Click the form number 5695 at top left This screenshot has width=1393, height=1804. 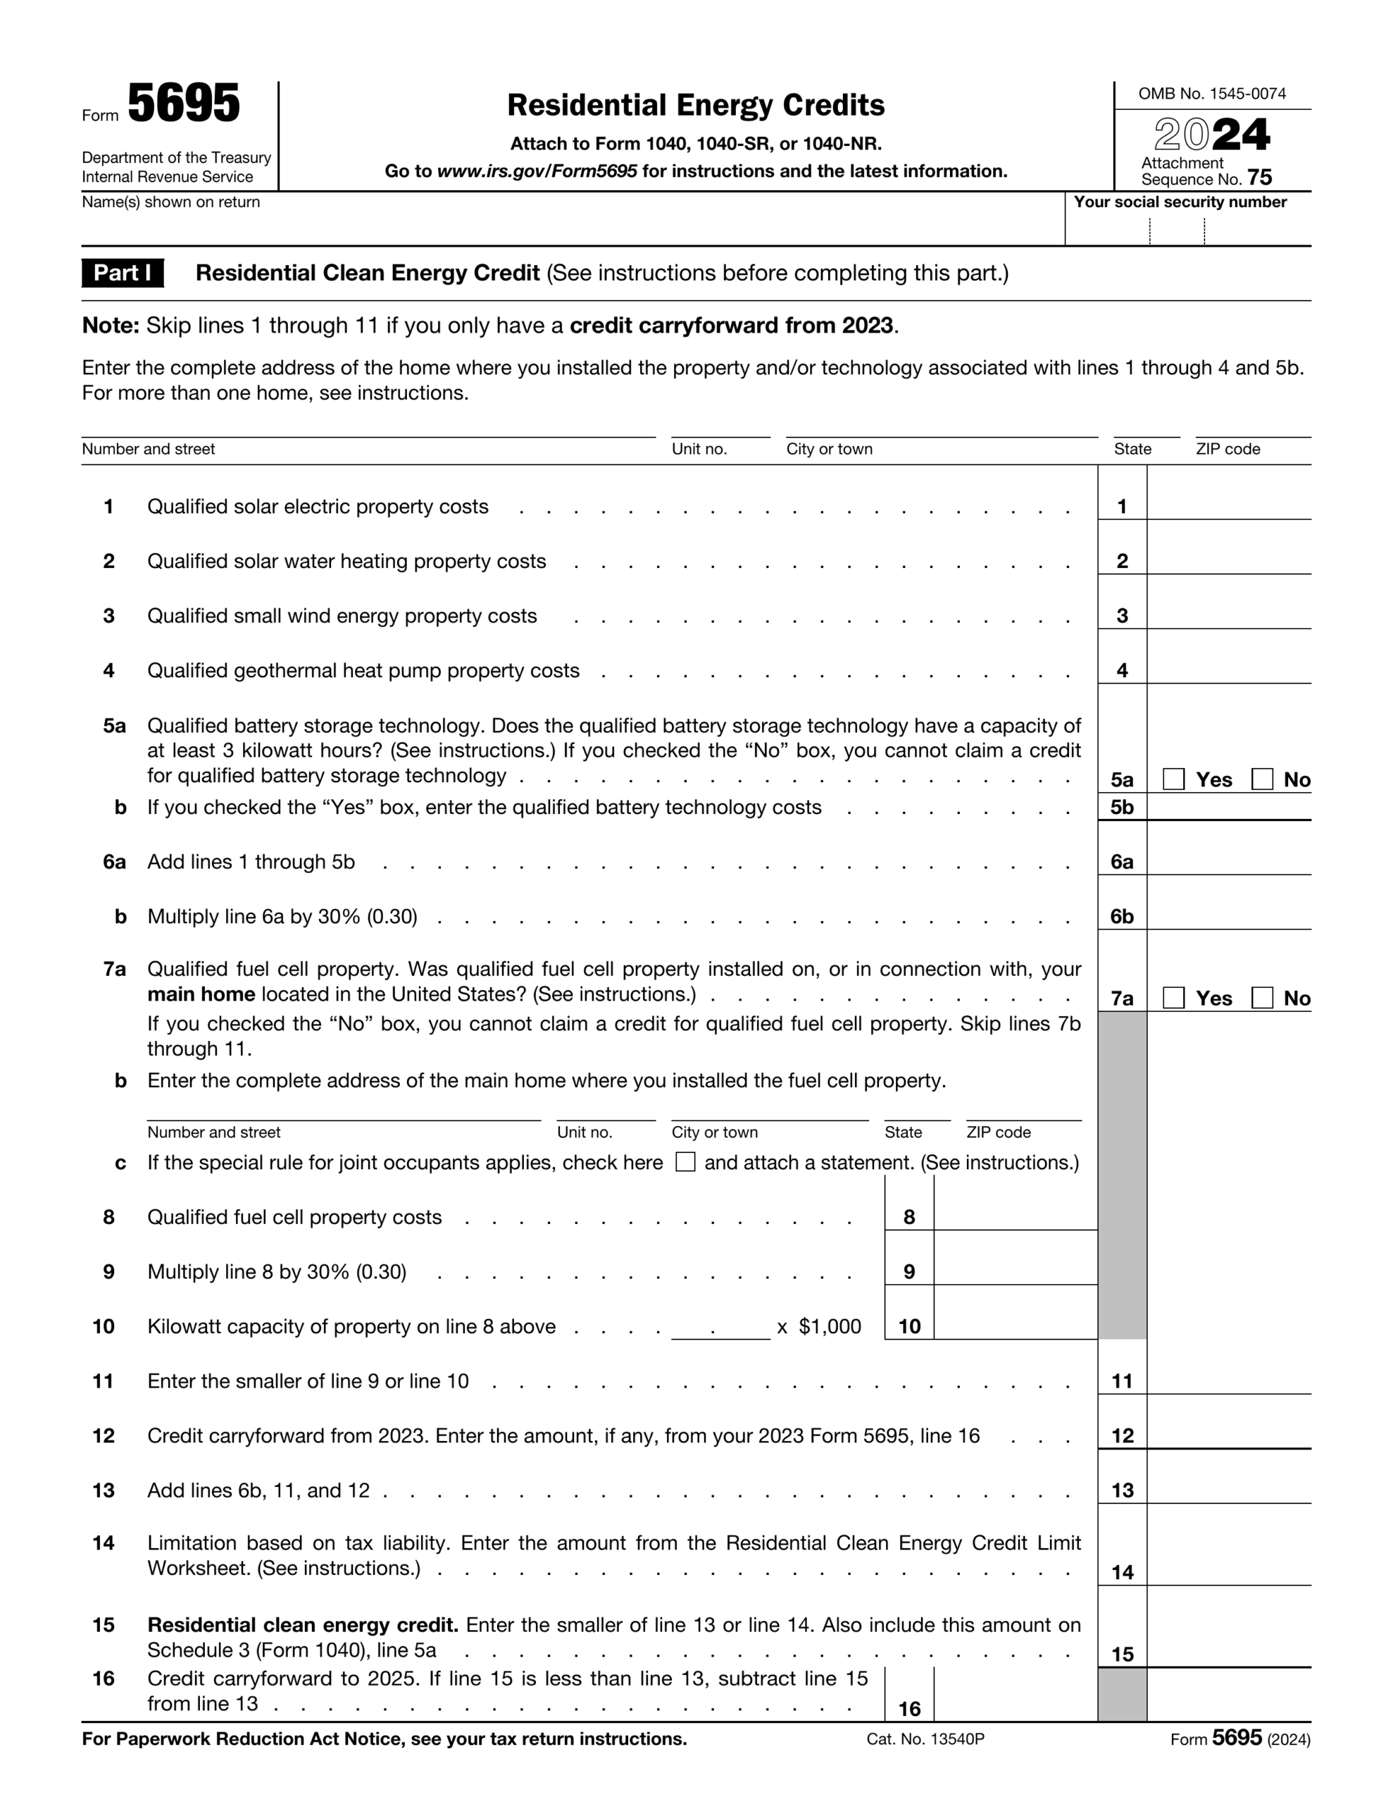pyautogui.click(x=183, y=105)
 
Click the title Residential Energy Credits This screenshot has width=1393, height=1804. pyautogui.click(x=695, y=105)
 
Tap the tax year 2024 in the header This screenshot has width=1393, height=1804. pyautogui.click(x=1211, y=135)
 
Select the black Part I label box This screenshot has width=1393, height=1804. pyautogui.click(x=123, y=273)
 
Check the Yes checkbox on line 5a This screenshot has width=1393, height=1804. pyautogui.click(x=1173, y=779)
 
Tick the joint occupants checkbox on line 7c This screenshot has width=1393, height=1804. pyautogui.click(x=685, y=1162)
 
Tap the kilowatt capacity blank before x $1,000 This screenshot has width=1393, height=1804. pyautogui.click(x=720, y=1325)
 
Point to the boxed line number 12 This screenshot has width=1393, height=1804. pyautogui.click(x=1122, y=1435)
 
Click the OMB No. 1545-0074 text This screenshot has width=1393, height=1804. pyautogui.click(x=1211, y=93)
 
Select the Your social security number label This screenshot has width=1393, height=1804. pyautogui.click(x=1179, y=202)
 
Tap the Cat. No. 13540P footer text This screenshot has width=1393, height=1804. pyautogui.click(x=925, y=1738)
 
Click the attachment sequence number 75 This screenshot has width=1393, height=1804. pyautogui.click(x=1259, y=178)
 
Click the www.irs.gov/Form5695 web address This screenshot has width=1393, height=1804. pyautogui.click(x=536, y=171)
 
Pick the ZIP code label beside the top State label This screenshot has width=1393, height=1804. pyautogui.click(x=1227, y=448)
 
